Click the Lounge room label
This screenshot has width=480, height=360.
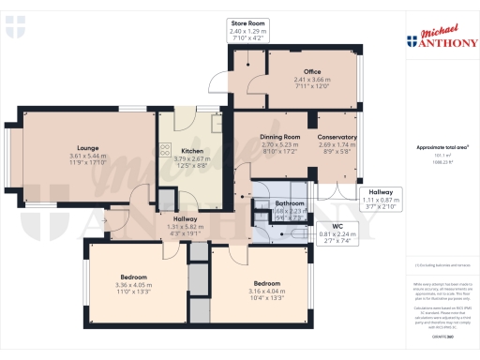tap(89, 147)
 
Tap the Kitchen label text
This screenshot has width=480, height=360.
tap(192, 151)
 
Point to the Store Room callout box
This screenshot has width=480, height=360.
tap(247, 30)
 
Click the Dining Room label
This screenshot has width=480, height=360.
tap(279, 138)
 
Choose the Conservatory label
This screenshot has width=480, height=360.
tap(336, 138)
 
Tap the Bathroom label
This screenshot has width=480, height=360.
tap(288, 202)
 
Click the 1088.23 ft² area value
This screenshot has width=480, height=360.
tap(436, 162)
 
